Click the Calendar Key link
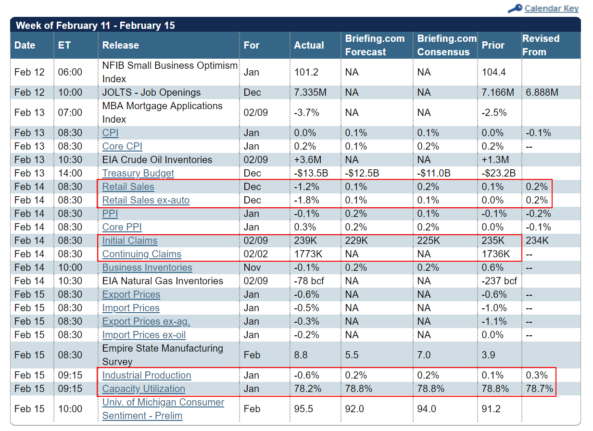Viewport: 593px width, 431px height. coord(552,9)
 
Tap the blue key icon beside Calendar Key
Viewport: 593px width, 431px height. coord(515,9)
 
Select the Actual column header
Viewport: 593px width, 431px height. coord(309,45)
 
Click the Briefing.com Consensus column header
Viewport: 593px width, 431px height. coord(447,45)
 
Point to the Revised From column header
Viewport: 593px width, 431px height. coord(541,45)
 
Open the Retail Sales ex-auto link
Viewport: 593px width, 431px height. coord(146,201)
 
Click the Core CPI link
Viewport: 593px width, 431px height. coord(122,146)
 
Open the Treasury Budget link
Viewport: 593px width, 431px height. coord(138,173)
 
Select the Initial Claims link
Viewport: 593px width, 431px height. coord(130,241)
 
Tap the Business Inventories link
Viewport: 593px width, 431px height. coord(147,267)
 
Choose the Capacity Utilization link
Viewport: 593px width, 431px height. coord(144,389)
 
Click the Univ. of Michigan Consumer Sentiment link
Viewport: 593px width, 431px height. coord(163,409)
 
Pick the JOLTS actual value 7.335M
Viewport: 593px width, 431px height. coord(310,92)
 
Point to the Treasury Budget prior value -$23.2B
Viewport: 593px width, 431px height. coord(498,173)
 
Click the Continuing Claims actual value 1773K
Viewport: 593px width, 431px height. coord(308,254)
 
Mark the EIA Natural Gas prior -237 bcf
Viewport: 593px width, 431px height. coord(499,281)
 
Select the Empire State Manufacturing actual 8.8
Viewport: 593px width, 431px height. coord(301,355)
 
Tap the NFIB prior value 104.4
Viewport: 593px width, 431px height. coord(493,72)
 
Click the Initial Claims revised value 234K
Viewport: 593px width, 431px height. coord(537,241)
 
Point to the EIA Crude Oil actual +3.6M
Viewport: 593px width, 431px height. coord(308,160)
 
